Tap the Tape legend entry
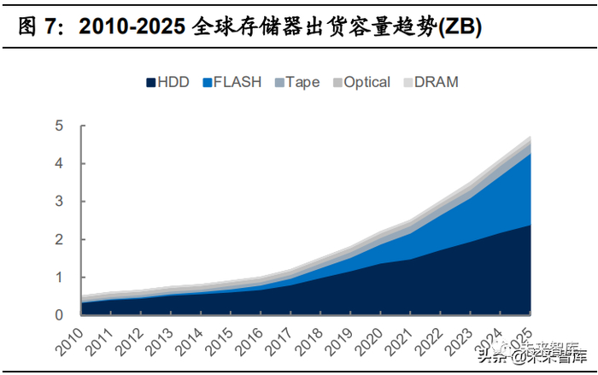[296, 83]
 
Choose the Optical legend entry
[361, 83]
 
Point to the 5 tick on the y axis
[59, 126]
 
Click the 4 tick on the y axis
[59, 164]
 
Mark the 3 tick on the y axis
[59, 202]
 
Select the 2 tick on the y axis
[59, 240]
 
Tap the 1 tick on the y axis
[59, 278]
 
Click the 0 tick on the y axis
[59, 315]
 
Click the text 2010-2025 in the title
[132, 27]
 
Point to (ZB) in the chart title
[459, 27]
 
